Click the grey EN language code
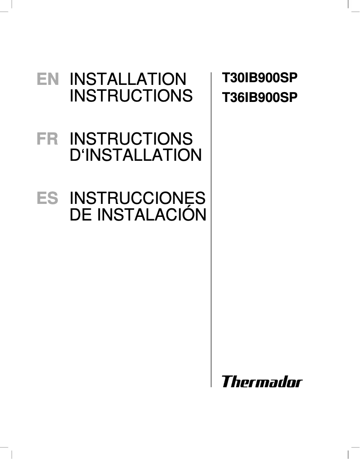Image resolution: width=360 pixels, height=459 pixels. click(x=48, y=80)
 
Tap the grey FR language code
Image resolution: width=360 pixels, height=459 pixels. click(x=48, y=139)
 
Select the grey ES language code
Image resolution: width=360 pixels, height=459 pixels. click(x=48, y=199)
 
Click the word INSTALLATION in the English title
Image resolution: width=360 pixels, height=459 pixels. click(x=128, y=79)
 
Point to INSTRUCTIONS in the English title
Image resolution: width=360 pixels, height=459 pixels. click(x=131, y=96)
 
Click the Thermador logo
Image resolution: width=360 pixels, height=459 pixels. click(x=262, y=382)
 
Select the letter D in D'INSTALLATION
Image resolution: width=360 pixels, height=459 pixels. click(x=75, y=155)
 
